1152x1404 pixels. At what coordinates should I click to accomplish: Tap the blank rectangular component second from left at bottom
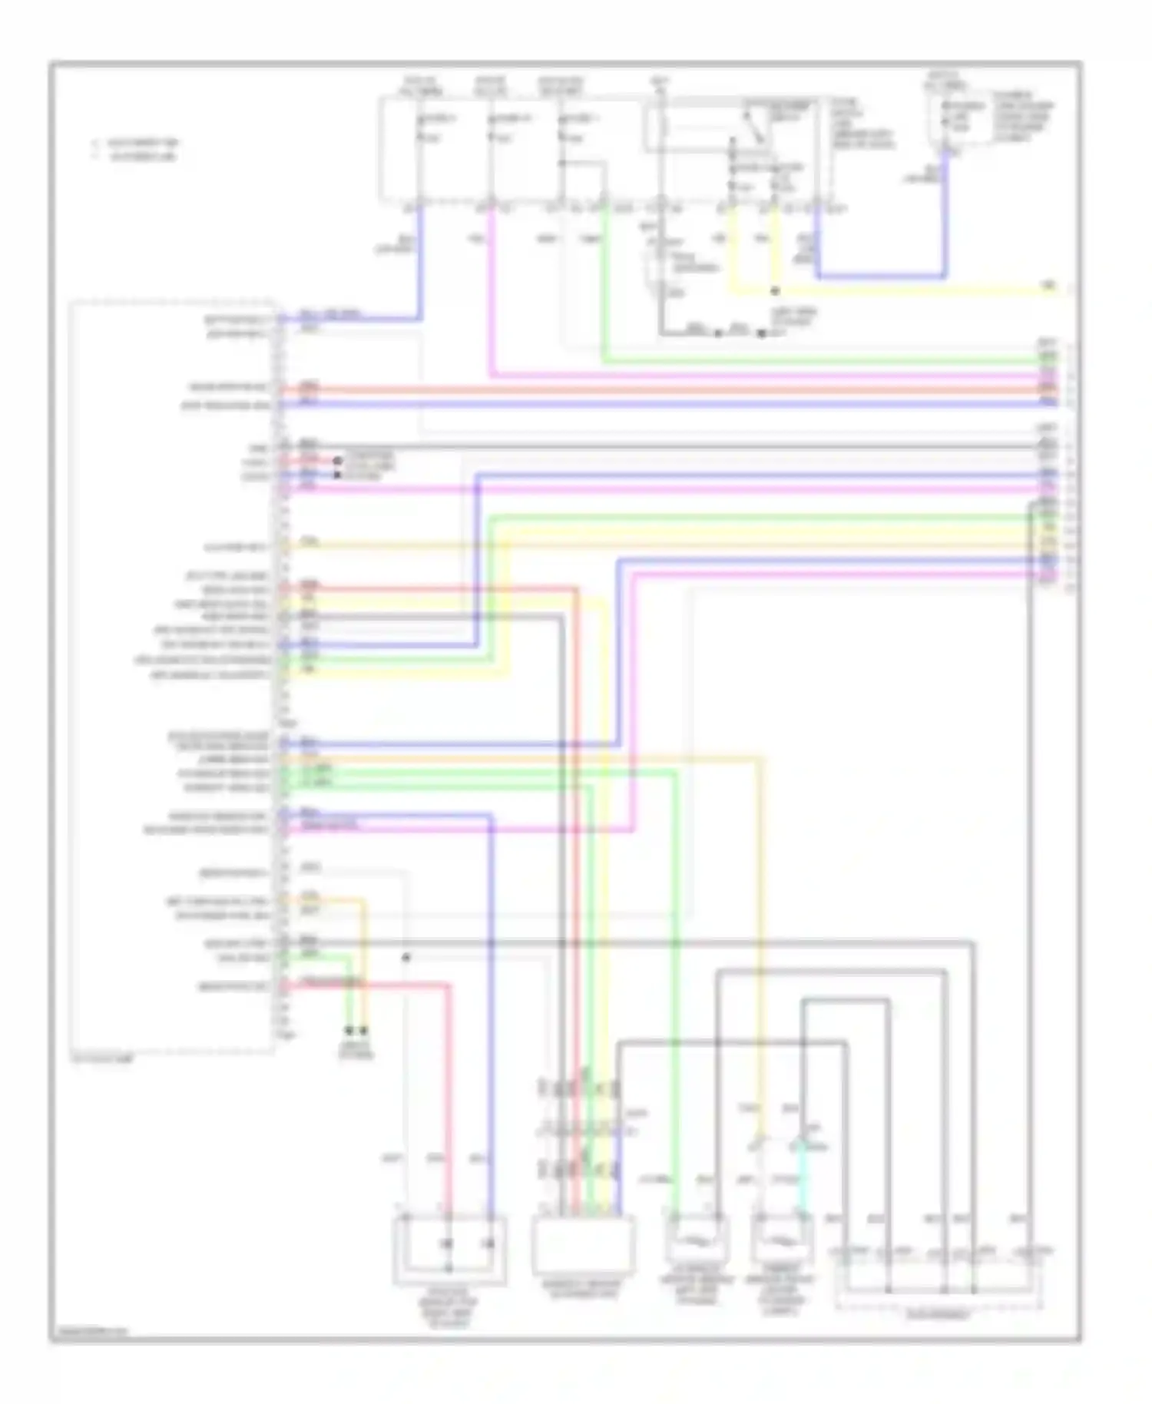(x=584, y=1245)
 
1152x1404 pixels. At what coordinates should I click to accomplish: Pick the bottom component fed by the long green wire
(x=696, y=1240)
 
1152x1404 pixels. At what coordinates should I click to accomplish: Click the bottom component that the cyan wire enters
(x=783, y=1240)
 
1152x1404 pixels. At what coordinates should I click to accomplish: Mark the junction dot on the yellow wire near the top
(x=775, y=292)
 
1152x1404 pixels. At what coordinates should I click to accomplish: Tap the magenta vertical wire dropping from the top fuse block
(x=490, y=292)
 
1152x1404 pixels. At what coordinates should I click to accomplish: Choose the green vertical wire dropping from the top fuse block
(x=604, y=284)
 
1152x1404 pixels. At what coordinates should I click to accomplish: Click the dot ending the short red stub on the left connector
(x=336, y=461)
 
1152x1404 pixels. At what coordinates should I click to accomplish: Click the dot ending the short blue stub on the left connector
(x=336, y=475)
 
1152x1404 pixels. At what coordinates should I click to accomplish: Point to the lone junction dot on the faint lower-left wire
(x=406, y=958)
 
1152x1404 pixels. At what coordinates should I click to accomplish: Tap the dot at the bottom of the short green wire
(x=350, y=1030)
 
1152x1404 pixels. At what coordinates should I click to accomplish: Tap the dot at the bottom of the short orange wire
(x=364, y=1030)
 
